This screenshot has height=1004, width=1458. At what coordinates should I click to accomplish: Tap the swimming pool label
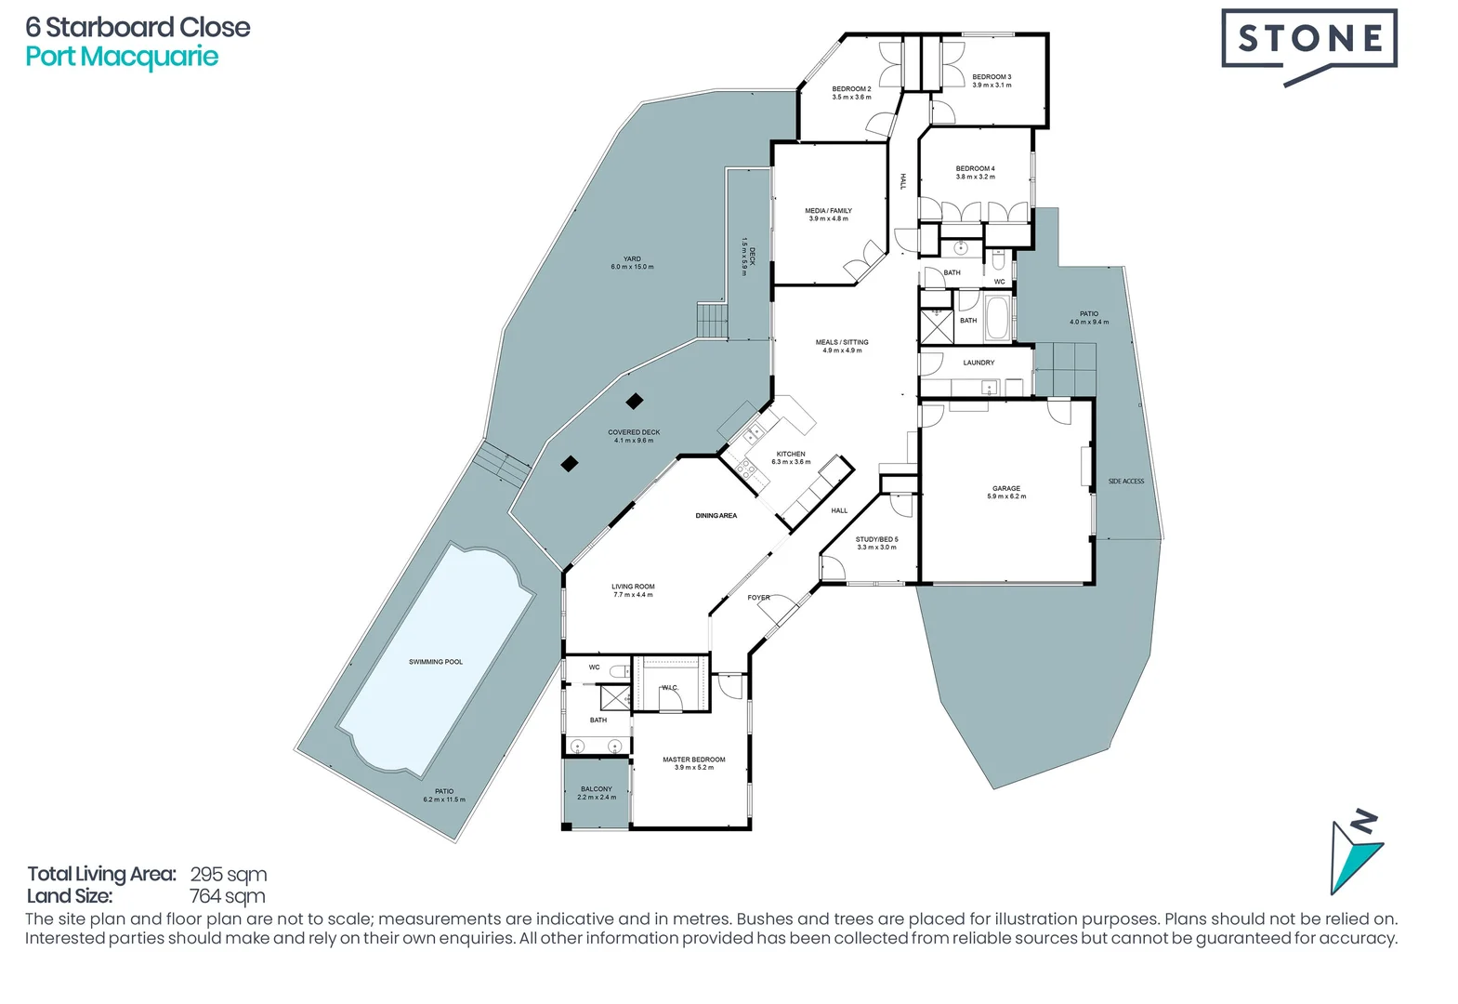[x=436, y=662]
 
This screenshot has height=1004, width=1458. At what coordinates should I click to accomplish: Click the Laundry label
[x=979, y=363]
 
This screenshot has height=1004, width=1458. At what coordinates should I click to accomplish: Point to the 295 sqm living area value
[x=229, y=874]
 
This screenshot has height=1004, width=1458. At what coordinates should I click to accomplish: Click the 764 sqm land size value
[x=228, y=896]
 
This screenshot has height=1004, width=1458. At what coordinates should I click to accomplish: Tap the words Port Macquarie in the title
[x=122, y=57]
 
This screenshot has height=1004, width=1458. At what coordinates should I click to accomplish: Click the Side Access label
[x=1126, y=482]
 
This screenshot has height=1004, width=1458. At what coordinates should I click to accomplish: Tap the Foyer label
[x=758, y=598]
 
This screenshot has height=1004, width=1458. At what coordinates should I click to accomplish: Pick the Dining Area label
[x=716, y=515]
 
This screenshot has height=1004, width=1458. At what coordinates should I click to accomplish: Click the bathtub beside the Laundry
[x=997, y=318]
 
